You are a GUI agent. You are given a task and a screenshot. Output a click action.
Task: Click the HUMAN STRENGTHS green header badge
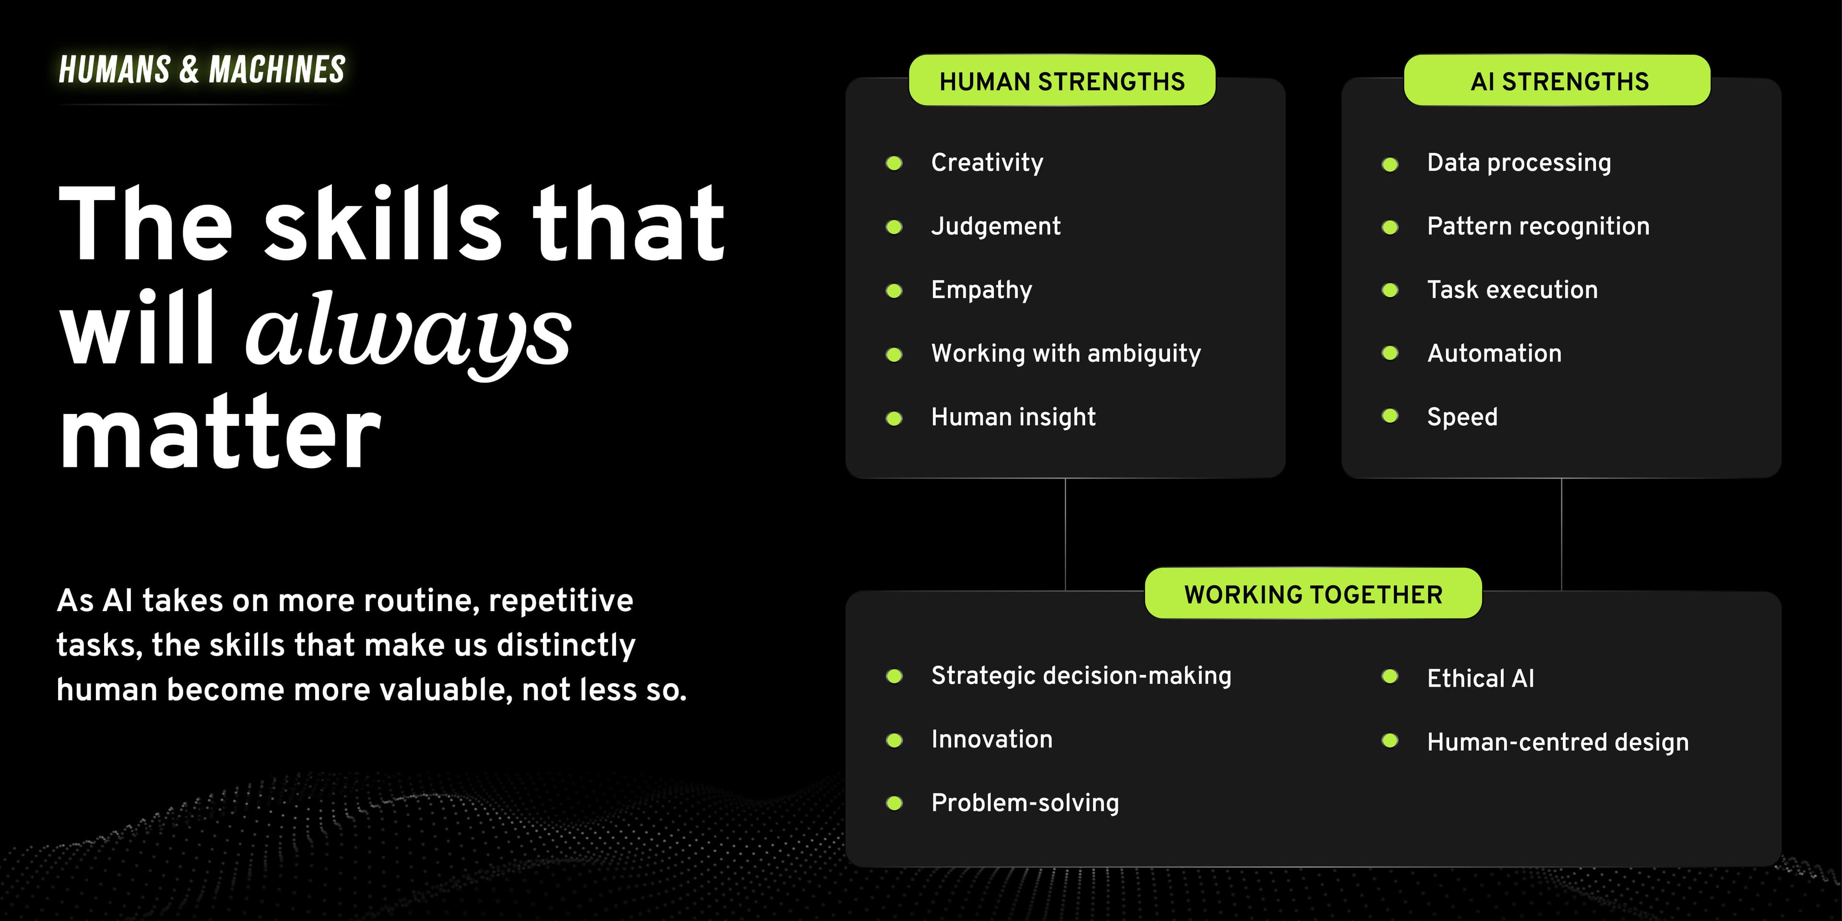point(1062,80)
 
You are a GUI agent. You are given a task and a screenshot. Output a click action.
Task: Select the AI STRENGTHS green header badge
point(1558,80)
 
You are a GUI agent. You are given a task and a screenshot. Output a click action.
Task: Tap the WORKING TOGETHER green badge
point(1313,593)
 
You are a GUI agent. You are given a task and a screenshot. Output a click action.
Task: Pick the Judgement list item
point(995,226)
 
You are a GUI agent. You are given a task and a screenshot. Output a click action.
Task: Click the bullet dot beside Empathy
point(894,290)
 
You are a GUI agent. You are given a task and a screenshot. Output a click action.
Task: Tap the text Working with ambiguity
point(1065,353)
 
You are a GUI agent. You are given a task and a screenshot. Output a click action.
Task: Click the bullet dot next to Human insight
point(894,418)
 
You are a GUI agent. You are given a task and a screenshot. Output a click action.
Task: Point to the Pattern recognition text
point(1538,226)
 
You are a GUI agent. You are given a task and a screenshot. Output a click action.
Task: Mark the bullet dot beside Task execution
point(1390,290)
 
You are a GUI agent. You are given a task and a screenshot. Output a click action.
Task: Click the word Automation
point(1495,353)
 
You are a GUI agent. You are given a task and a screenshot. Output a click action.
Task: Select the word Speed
point(1462,417)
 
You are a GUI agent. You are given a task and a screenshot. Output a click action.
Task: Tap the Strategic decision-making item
point(1081,676)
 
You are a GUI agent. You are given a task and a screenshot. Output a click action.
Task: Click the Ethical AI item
point(1480,678)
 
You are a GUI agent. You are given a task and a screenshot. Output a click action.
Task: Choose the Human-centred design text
point(1558,742)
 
